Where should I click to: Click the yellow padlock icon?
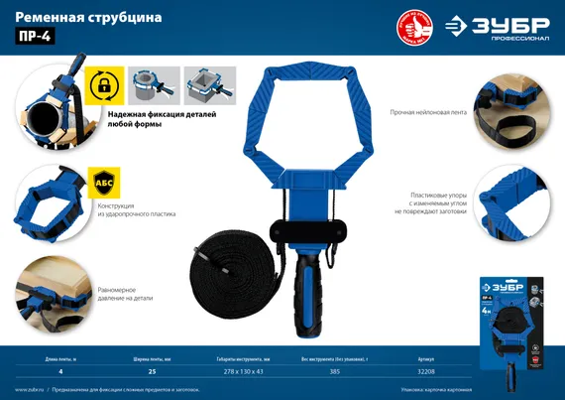(x=102, y=85)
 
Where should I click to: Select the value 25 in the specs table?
(x=153, y=370)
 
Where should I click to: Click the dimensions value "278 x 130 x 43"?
(x=243, y=370)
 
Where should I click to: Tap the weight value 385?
(x=336, y=370)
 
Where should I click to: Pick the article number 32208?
(x=428, y=370)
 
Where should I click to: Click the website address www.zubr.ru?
(x=31, y=389)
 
